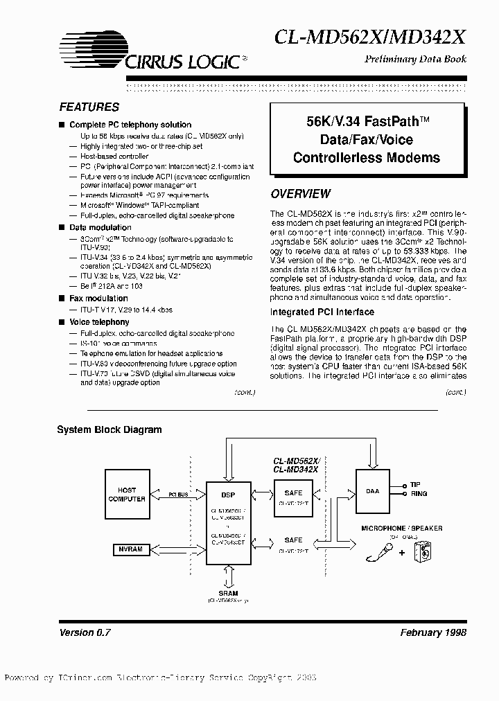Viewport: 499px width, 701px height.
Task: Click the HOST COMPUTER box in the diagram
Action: coord(126,494)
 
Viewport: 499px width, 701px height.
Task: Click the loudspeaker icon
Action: coord(421,552)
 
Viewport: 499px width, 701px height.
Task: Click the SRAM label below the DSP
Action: coord(228,594)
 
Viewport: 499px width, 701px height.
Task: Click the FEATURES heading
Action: coord(89,107)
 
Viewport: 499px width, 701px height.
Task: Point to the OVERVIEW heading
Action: coord(300,194)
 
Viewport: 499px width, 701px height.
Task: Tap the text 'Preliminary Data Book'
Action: coord(415,59)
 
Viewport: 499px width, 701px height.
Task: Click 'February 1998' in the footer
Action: coord(433,633)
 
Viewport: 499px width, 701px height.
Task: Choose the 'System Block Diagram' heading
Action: coord(109,429)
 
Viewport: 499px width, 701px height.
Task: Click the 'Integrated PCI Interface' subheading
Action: coord(322,312)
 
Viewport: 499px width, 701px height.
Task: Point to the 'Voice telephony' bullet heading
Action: coord(99,322)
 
